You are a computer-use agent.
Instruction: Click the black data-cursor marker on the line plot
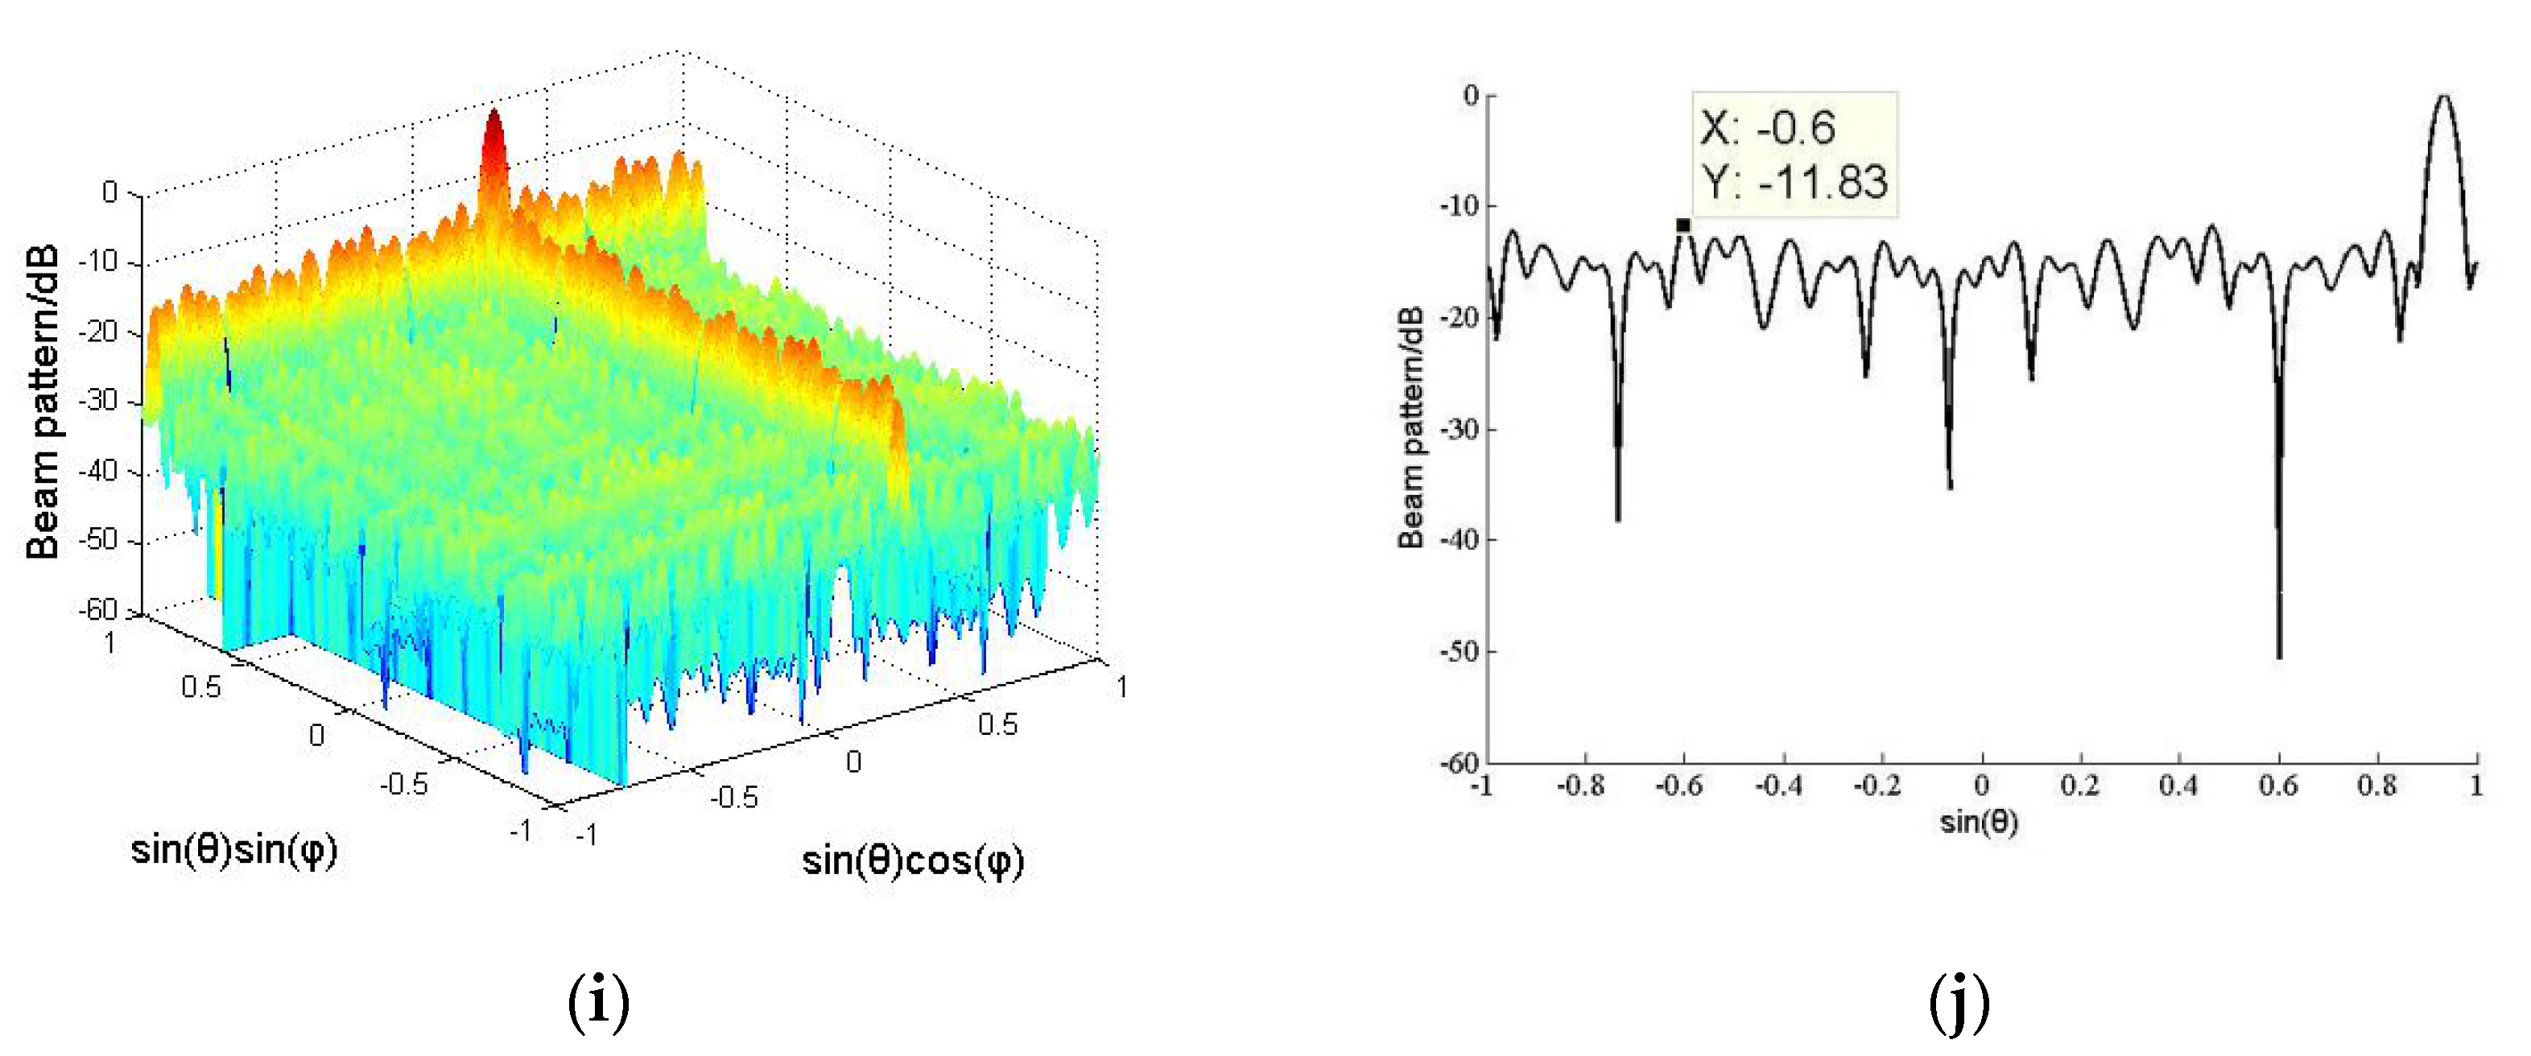pyautogui.click(x=1683, y=225)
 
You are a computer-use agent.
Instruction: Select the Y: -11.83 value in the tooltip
pyautogui.click(x=1795, y=183)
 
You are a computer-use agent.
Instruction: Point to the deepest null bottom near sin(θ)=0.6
pyautogui.click(x=2278, y=655)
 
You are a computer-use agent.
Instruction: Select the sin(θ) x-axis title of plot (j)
pyautogui.click(x=1979, y=821)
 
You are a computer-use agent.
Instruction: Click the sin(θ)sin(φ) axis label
pyautogui.click(x=233, y=848)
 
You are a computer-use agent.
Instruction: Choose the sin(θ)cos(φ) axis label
pyautogui.click(x=913, y=861)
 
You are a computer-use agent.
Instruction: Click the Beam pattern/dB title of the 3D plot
pyautogui.click(x=43, y=402)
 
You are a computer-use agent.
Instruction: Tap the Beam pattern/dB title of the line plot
pyautogui.click(x=1411, y=427)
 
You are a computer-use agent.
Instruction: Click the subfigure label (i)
pyautogui.click(x=598, y=1001)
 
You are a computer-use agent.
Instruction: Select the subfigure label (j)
pyautogui.click(x=1959, y=1001)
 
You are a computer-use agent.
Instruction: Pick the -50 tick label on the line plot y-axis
pyautogui.click(x=1459, y=651)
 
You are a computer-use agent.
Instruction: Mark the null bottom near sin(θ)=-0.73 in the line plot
pyautogui.click(x=1617, y=518)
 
